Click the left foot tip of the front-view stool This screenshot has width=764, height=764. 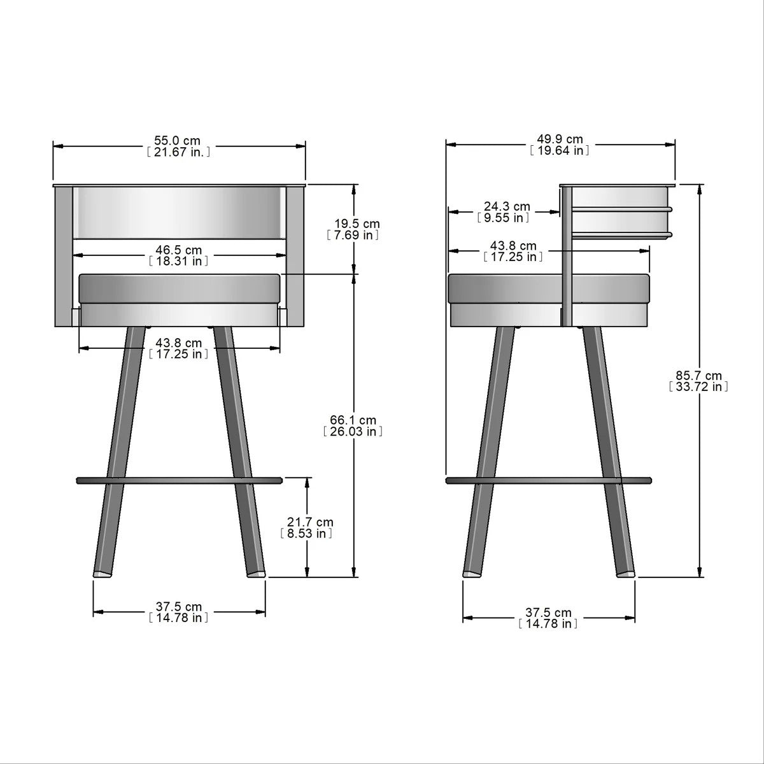[102, 573]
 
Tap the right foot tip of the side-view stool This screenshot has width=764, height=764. [626, 573]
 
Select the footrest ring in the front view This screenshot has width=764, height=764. [178, 479]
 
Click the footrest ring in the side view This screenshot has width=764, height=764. [548, 480]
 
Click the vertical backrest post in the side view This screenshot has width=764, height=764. [565, 255]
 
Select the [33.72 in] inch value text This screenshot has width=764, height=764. [699, 386]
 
